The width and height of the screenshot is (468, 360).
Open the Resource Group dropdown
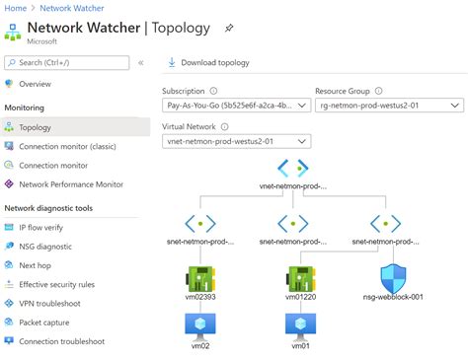click(x=386, y=105)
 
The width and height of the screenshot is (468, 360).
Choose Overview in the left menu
click(x=35, y=84)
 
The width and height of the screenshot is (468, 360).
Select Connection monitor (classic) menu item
click(x=68, y=146)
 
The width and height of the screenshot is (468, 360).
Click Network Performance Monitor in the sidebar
click(x=71, y=183)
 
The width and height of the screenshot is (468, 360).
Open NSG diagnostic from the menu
click(x=45, y=247)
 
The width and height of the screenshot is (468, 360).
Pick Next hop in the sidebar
click(x=35, y=265)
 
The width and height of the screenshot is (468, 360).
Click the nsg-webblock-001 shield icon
click(x=394, y=276)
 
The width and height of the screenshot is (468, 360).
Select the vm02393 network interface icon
click(x=200, y=277)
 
